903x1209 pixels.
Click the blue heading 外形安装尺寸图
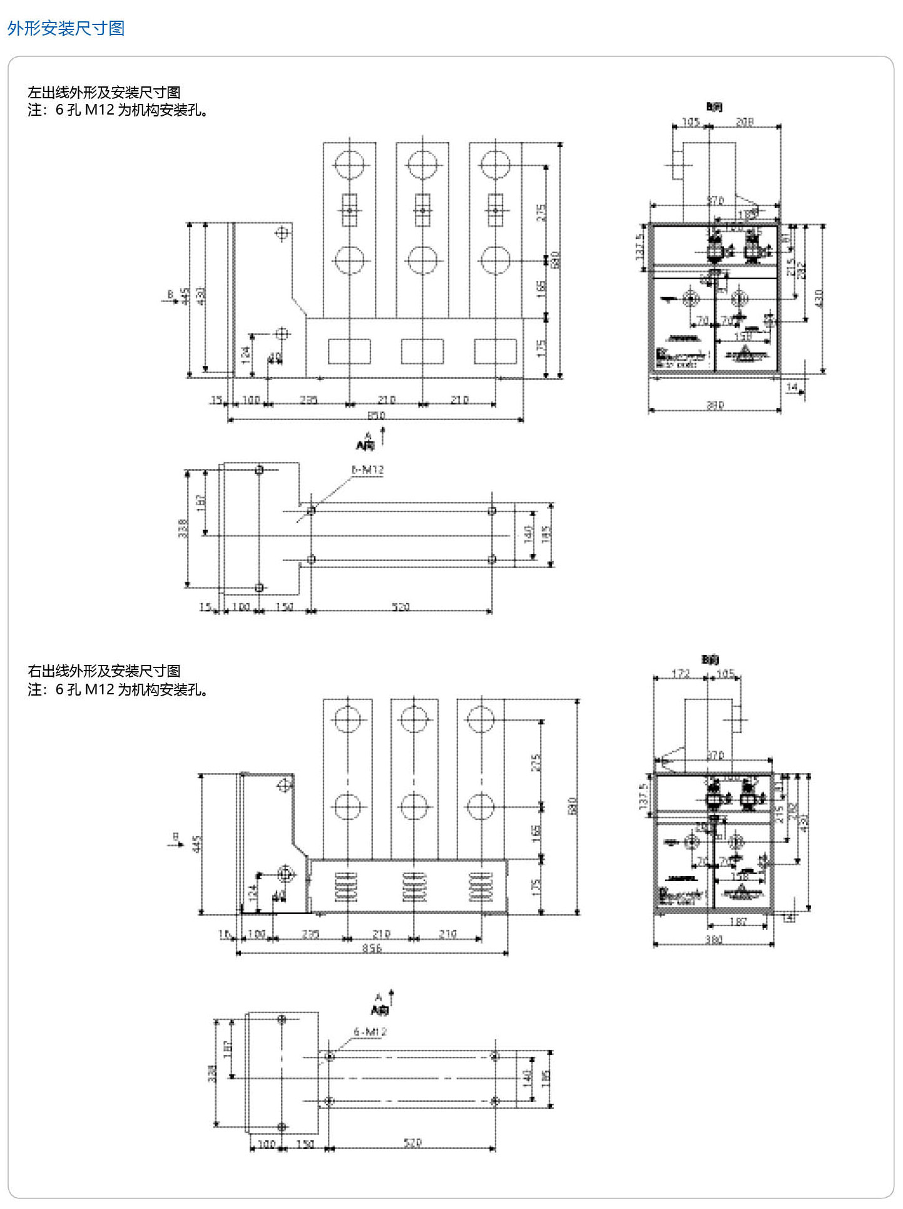click(66, 28)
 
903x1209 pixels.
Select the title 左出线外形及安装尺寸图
click(104, 93)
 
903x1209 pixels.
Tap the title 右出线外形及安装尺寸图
click(104, 671)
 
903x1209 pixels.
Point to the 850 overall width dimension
click(376, 415)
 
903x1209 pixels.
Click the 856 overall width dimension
click(372, 948)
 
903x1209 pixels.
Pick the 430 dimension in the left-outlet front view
click(201, 296)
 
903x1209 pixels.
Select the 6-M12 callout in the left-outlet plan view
click(368, 470)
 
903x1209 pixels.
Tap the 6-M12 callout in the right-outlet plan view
click(370, 1031)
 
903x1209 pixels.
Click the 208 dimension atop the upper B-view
click(744, 122)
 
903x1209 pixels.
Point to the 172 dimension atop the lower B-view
click(680, 674)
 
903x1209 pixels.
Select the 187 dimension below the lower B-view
click(738, 922)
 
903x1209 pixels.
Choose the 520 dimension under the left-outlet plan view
click(400, 607)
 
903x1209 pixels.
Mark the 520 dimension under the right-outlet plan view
click(412, 1143)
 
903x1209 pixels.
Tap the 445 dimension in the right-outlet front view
click(197, 843)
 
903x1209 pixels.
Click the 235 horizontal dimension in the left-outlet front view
click(309, 399)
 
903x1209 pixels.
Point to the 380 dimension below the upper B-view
click(715, 405)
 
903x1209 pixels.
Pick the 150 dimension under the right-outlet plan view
click(305, 1144)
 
